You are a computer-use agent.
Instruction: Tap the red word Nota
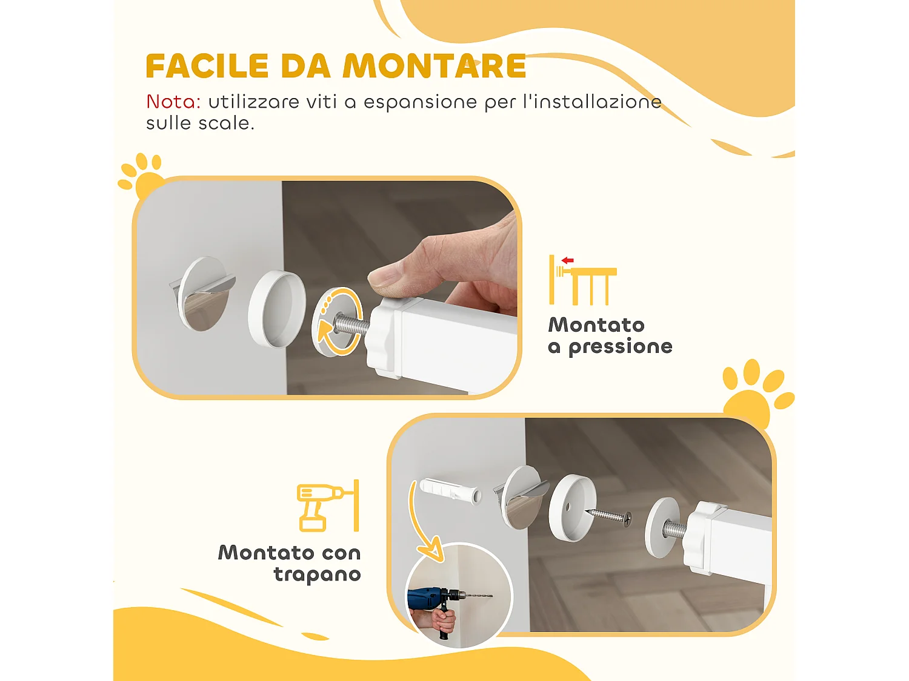click(x=173, y=102)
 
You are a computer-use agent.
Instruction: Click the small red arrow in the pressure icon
click(x=567, y=260)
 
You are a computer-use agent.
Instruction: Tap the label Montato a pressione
click(x=610, y=335)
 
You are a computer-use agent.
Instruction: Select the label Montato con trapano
click(x=290, y=564)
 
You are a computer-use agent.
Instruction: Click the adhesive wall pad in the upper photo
click(x=203, y=294)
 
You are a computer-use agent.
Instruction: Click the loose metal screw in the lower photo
click(x=608, y=516)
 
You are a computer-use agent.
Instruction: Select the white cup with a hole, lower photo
click(x=571, y=507)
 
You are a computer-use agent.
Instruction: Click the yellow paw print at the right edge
click(x=755, y=393)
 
